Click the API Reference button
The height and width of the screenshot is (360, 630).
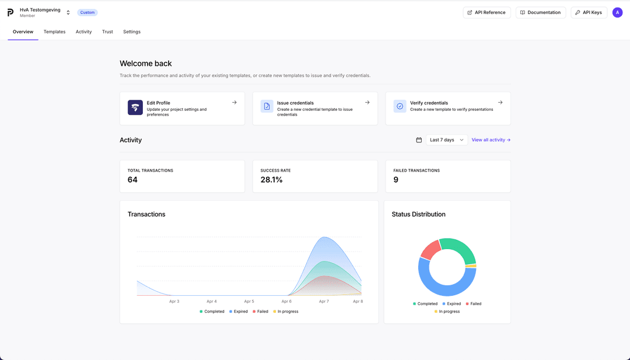[487, 12]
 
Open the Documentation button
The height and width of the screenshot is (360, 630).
[540, 12]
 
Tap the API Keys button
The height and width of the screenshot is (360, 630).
[589, 12]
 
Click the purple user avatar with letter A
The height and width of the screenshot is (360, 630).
[617, 12]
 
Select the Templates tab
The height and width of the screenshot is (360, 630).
[54, 32]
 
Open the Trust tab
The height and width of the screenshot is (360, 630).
[107, 32]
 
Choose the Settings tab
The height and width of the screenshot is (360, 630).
[132, 32]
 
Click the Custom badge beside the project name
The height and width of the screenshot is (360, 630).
[87, 12]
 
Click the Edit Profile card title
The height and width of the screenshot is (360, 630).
[159, 103]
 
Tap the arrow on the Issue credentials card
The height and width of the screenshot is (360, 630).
[367, 103]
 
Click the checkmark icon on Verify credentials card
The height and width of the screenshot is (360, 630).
[400, 106]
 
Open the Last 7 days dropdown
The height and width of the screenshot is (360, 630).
[446, 140]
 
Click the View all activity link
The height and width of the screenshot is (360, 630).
[491, 140]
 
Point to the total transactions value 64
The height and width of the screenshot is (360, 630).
[132, 180]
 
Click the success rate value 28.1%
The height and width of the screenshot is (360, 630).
[271, 180]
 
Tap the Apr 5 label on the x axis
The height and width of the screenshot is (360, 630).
[249, 302]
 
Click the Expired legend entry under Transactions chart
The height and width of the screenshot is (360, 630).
[239, 312]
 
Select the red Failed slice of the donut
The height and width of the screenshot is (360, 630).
[430, 249]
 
